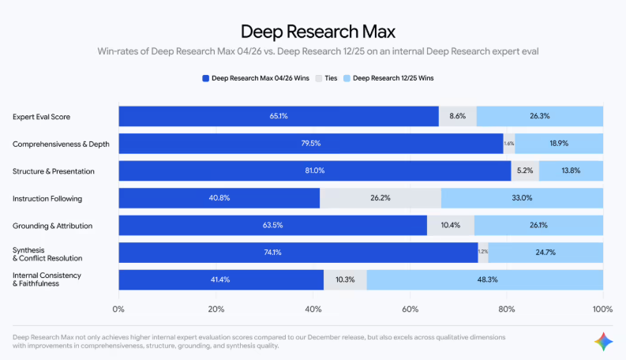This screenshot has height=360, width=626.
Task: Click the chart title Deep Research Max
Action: [x=317, y=32]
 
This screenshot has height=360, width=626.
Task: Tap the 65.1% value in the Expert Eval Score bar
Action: [x=278, y=116]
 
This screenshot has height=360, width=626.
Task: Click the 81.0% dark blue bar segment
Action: [x=315, y=171]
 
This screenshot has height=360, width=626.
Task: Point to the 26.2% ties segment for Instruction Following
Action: [x=380, y=198]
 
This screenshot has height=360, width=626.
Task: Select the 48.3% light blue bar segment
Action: [x=485, y=280]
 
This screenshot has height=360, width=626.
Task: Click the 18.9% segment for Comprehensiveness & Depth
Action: [x=559, y=144]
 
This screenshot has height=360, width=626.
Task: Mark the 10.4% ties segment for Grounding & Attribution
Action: [x=450, y=226]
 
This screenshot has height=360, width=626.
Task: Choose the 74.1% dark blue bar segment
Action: [x=298, y=253]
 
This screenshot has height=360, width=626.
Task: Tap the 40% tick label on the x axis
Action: [x=313, y=309]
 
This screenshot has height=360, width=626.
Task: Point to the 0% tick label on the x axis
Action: [x=119, y=309]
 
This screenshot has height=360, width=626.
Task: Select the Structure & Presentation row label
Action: [x=53, y=171]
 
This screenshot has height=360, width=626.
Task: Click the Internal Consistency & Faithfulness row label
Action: [x=47, y=280]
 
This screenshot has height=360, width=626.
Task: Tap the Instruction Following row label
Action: [x=47, y=198]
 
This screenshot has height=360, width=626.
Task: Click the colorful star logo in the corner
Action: [x=603, y=340]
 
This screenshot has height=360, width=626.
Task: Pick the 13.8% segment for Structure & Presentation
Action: [x=572, y=171]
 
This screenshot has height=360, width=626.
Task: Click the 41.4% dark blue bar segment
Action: [x=221, y=280]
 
